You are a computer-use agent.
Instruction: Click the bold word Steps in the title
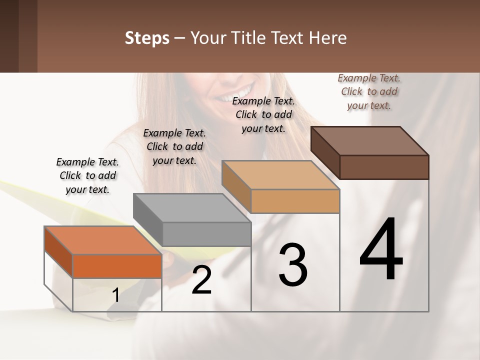pos(147,38)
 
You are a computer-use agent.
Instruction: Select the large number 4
pos(381,250)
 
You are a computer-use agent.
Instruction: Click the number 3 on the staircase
pos(293,265)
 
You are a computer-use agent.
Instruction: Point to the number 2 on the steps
pos(201,280)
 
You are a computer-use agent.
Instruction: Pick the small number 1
pos(115,295)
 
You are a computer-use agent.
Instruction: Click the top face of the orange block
pos(102,240)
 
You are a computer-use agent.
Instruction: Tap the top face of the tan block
pos(280,175)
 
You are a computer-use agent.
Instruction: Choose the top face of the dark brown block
pos(369,141)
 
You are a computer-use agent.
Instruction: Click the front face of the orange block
pos(117,266)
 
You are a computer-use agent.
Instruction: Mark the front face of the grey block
pos(206,234)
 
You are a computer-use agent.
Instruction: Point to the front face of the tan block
pos(295,201)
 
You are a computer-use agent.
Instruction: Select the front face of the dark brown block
pos(384,167)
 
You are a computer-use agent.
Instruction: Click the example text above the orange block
pos(87,175)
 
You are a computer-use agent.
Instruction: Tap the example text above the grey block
pos(174,146)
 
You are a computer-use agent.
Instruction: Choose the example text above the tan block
pos(263,114)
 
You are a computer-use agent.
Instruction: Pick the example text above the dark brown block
pos(369,91)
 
